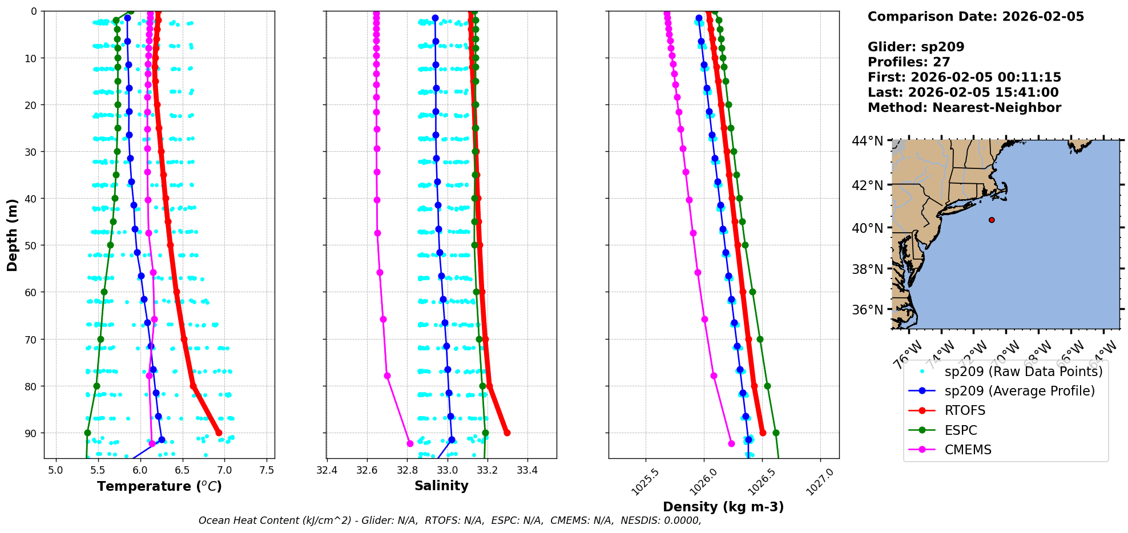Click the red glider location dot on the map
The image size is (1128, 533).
pyautogui.click(x=992, y=220)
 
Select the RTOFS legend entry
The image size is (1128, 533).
pyautogui.click(x=965, y=411)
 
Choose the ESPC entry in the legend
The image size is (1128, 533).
pyautogui.click(x=961, y=430)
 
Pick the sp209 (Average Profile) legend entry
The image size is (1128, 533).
pyautogui.click(x=1020, y=391)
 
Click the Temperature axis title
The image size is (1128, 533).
pyautogui.click(x=159, y=486)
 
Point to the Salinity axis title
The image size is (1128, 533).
pyautogui.click(x=441, y=486)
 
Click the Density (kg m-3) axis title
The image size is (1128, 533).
pyautogui.click(x=723, y=507)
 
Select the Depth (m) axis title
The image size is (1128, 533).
pyautogui.click(x=13, y=235)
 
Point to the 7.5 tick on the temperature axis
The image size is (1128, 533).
pyautogui.click(x=267, y=471)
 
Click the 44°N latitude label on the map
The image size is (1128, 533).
pyautogui.click(x=868, y=141)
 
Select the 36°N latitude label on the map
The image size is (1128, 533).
pyautogui.click(x=868, y=310)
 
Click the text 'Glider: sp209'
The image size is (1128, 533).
pyautogui.click(x=916, y=47)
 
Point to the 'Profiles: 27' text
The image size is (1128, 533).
pyautogui.click(x=909, y=62)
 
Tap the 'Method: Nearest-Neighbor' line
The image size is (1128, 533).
pyautogui.click(x=964, y=108)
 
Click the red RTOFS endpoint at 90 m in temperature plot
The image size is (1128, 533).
pyautogui.click(x=219, y=433)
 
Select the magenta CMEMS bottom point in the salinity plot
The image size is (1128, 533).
pyautogui.click(x=410, y=443)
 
